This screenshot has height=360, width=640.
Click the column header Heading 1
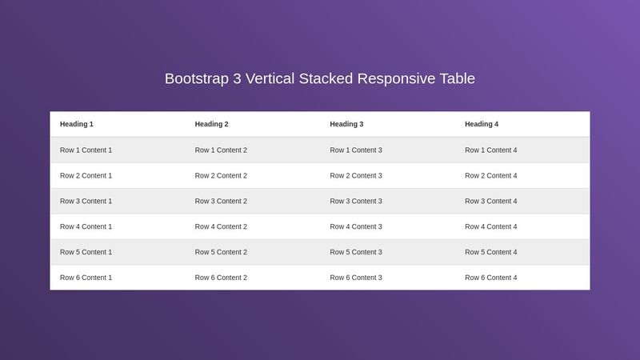click(77, 124)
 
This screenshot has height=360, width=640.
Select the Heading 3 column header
click(346, 124)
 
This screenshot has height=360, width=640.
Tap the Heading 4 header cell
click(482, 124)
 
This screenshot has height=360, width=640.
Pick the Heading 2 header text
click(212, 124)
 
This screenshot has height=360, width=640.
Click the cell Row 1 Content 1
click(86, 150)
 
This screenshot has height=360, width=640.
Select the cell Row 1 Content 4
click(491, 150)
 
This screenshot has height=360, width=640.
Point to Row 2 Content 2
click(221, 176)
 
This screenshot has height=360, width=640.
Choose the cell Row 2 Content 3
click(356, 176)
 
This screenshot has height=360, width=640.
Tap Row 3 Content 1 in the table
click(86, 202)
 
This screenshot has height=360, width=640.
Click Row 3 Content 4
click(491, 202)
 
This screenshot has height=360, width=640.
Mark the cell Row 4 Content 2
click(221, 227)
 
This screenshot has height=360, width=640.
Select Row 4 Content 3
click(356, 227)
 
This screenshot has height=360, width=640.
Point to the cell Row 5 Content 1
click(86, 253)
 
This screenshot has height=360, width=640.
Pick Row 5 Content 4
click(491, 253)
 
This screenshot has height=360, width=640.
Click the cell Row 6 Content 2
click(221, 278)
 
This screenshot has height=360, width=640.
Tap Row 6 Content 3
click(356, 278)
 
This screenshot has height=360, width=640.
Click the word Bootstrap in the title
click(196, 79)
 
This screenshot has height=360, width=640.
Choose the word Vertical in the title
click(271, 78)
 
